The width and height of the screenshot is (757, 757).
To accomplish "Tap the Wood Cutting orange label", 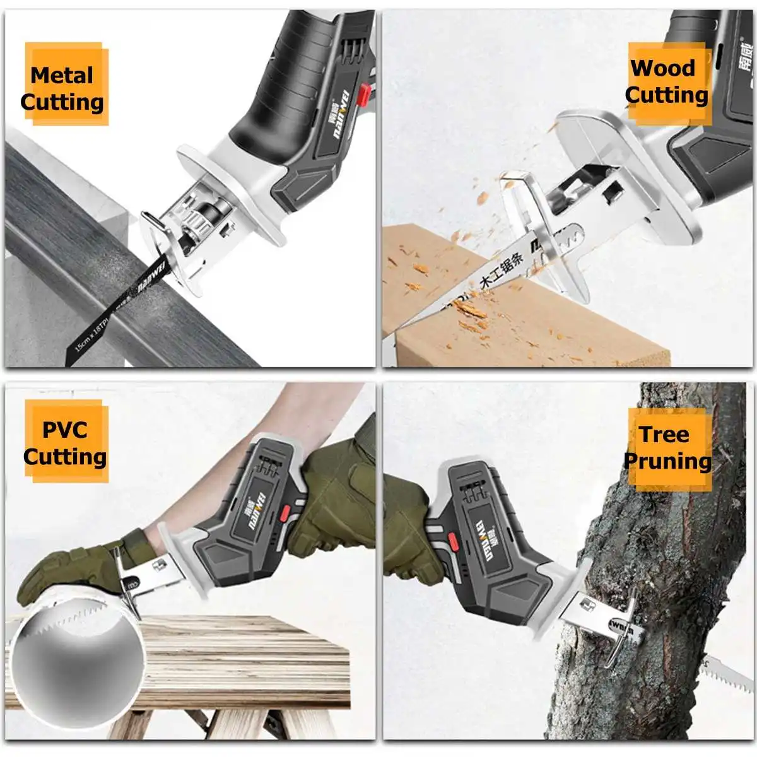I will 667,81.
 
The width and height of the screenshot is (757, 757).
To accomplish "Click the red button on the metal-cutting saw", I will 363,94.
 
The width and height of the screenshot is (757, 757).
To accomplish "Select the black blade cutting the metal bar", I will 120,309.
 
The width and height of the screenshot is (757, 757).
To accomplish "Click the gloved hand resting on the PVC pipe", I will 69,568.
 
